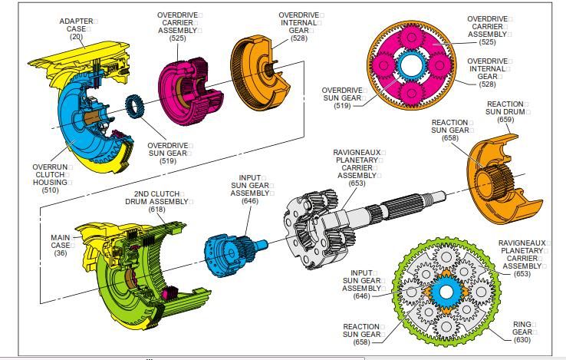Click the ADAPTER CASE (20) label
76,28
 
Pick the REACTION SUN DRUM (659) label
505,111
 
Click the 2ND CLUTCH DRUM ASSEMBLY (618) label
157,202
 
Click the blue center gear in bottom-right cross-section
443,292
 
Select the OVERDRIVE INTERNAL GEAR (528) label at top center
299,26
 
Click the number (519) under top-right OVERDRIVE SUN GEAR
344,105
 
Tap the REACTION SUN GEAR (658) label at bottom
361,334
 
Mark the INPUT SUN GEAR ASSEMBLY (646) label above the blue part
250,189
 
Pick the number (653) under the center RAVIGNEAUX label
357,183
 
